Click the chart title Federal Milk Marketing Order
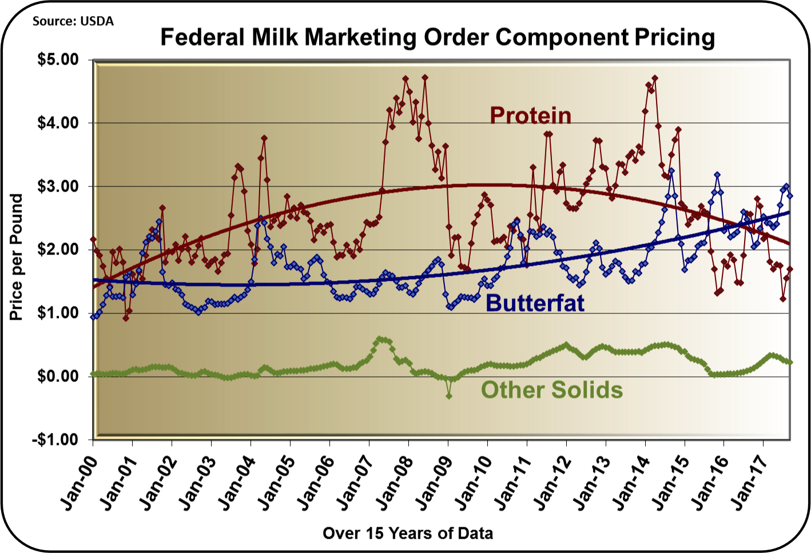[438, 37]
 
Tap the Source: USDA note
[73, 21]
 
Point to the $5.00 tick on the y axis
[58, 60]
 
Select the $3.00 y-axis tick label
[58, 186]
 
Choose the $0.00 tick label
[58, 376]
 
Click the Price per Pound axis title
[17, 257]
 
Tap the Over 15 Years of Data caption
[407, 533]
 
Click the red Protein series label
[530, 116]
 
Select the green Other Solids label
[551, 390]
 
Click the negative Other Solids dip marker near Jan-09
[449, 395]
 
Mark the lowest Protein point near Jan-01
[126, 318]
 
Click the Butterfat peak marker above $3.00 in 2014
[671, 170]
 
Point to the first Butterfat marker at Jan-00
[93, 316]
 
